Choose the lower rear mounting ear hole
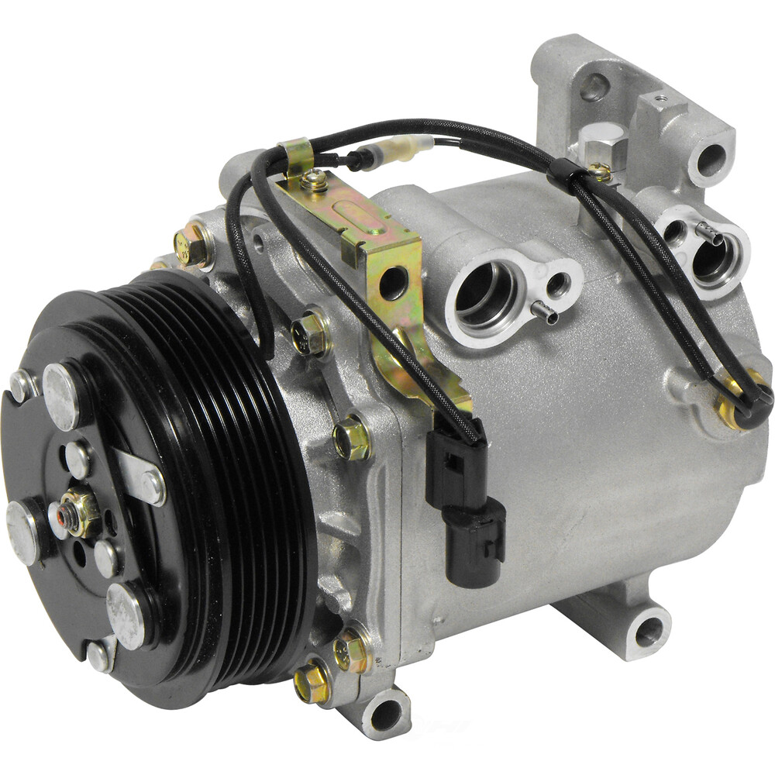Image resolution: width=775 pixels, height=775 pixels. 649,631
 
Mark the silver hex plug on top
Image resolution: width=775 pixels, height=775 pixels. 602,143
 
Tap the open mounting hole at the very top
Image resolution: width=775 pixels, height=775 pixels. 593,86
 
